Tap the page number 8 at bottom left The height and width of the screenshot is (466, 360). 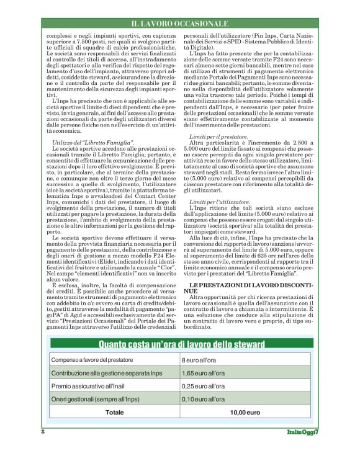click(x=43, y=431)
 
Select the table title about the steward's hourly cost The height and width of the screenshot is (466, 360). click(x=180, y=344)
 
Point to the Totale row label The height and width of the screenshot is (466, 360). click(x=114, y=412)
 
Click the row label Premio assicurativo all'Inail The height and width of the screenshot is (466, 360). click(x=89, y=387)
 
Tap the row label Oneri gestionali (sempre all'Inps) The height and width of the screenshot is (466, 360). click(x=96, y=400)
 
